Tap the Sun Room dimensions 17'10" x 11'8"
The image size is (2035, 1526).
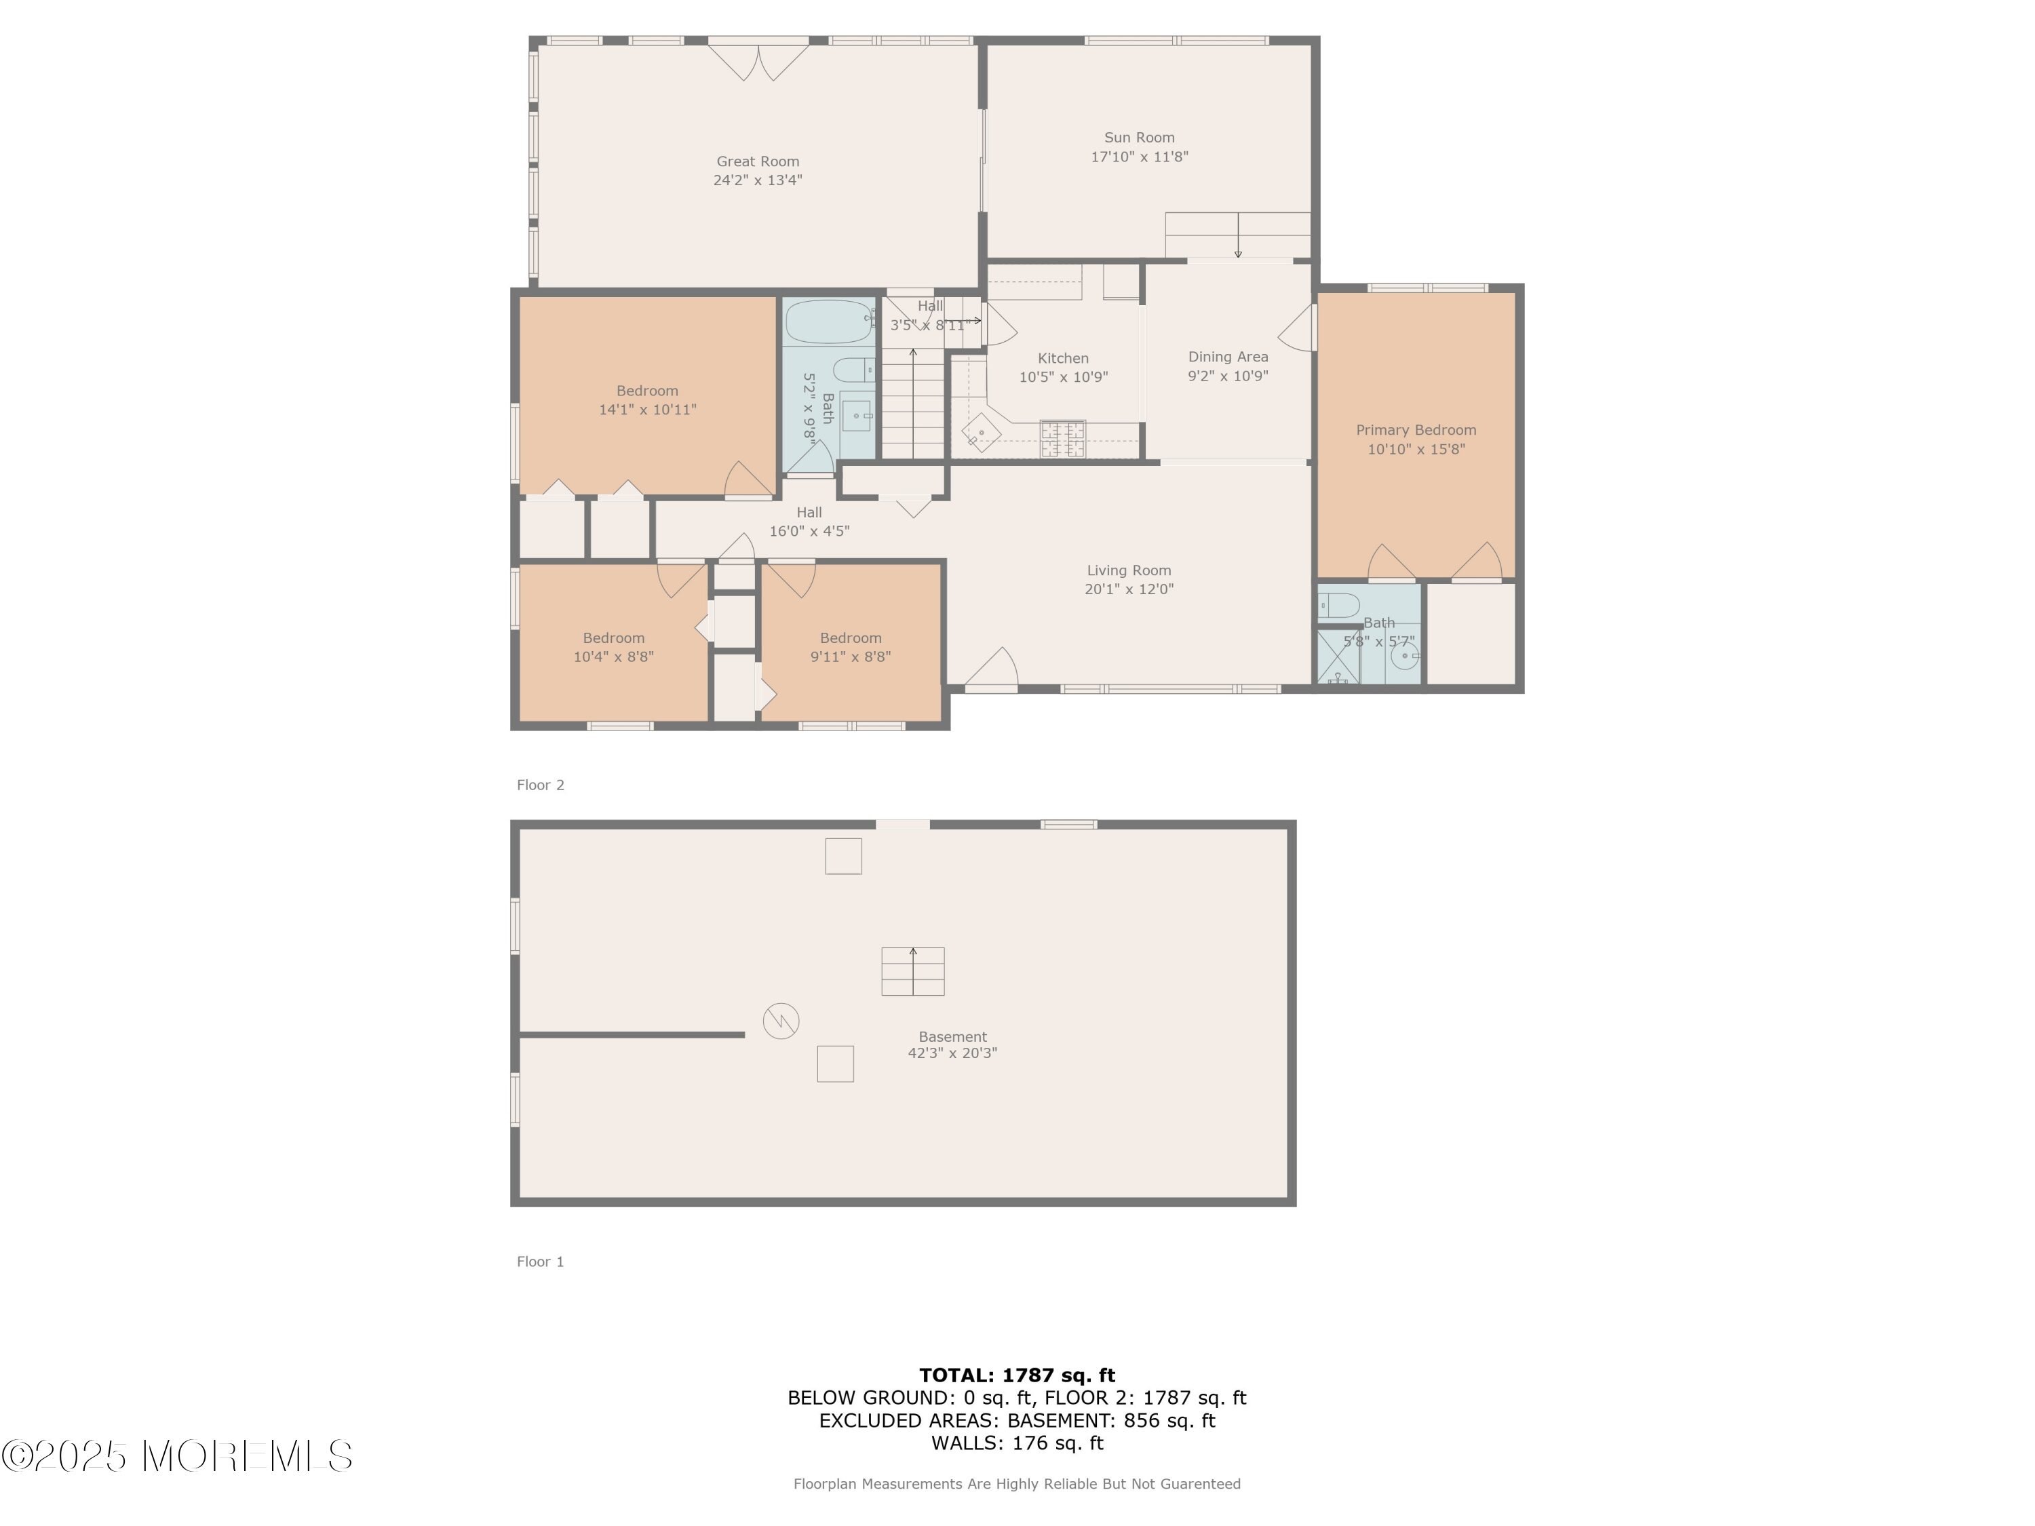point(1139,157)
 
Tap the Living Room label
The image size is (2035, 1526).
point(1129,570)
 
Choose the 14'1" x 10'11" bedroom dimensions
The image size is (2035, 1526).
point(648,410)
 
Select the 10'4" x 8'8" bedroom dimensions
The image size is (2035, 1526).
point(614,657)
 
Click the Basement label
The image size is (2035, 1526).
point(952,1036)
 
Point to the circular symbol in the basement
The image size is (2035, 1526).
point(781,1021)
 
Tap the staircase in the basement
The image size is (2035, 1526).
point(912,971)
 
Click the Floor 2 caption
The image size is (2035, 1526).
point(541,785)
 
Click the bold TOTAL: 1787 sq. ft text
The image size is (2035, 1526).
point(1017,1375)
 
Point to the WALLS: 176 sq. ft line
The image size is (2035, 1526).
point(1017,1443)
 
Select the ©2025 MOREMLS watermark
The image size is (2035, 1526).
point(176,1456)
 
